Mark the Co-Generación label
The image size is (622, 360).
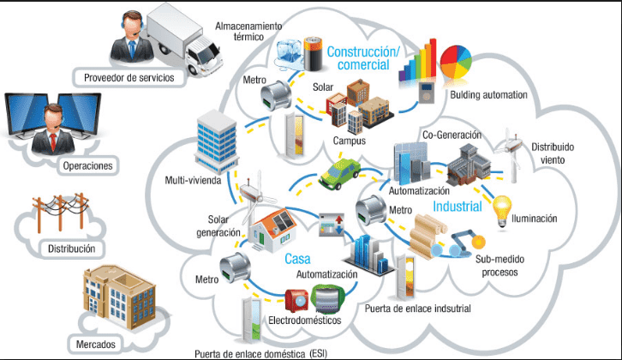tap(452, 135)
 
